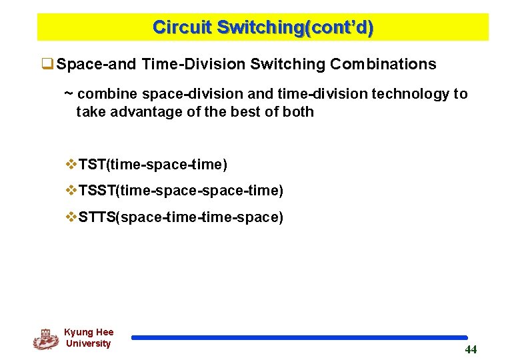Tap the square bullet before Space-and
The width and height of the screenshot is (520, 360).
47,65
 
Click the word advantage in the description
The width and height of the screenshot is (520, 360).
147,111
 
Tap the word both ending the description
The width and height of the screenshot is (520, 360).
298,111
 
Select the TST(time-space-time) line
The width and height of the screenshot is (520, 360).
153,164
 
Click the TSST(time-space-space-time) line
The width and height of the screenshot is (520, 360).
181,191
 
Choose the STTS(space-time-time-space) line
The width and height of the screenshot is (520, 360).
181,217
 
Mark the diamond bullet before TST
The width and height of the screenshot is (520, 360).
71,164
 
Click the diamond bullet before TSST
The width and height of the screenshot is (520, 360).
71,191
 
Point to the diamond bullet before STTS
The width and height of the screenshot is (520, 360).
71,217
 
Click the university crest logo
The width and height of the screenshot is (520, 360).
45,339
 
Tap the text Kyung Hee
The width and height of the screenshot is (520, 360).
89,332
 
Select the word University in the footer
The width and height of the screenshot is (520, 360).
88,343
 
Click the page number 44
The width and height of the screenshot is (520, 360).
471,350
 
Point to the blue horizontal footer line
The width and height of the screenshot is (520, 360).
299,338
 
